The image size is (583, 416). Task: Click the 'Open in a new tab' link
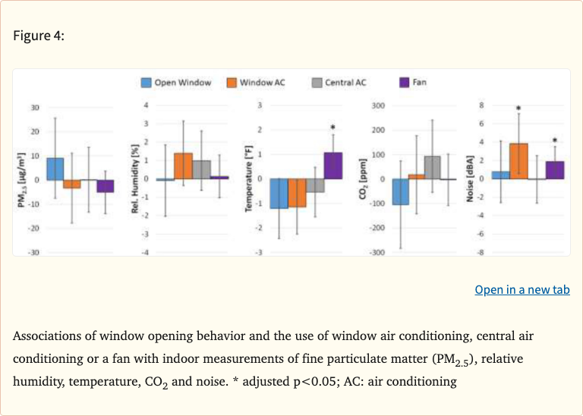(x=522, y=290)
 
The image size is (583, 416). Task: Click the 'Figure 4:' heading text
(x=39, y=36)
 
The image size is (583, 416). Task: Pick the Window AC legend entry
(x=254, y=82)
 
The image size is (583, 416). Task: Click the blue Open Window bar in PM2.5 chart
(x=55, y=169)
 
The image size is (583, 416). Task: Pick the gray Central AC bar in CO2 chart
(x=433, y=168)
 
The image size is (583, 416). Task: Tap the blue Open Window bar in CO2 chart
(x=401, y=191)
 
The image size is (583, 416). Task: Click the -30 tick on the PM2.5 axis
(x=33, y=252)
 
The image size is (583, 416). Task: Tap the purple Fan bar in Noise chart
(x=555, y=170)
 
